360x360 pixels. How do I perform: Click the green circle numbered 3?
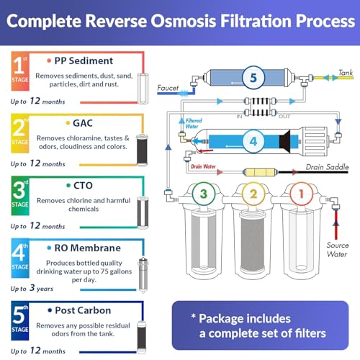[x=203, y=193]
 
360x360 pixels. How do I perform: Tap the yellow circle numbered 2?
[x=252, y=193]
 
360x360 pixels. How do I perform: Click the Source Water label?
[x=338, y=249]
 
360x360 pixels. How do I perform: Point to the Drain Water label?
[x=204, y=166]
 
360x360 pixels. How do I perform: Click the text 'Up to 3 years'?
[x=33, y=287]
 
